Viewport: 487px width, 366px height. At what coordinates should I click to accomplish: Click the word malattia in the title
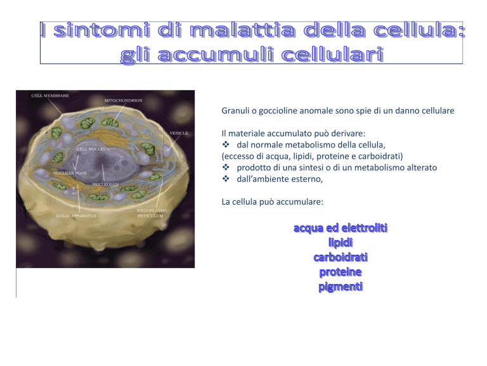(242, 30)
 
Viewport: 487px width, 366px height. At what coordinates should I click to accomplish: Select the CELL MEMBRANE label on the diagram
(50, 95)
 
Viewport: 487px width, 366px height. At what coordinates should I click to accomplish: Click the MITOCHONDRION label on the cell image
(123, 100)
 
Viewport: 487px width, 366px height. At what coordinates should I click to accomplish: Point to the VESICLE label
(179, 133)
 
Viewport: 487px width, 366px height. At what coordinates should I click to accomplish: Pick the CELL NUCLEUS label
(93, 149)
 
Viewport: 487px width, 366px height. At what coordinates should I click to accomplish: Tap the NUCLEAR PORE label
(70, 173)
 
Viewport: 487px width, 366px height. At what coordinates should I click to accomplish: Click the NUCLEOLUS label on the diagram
(105, 184)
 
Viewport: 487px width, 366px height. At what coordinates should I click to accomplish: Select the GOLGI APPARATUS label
(76, 215)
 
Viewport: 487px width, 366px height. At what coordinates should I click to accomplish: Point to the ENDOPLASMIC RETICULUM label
(152, 213)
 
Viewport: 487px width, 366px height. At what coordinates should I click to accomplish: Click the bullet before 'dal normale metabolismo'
(226, 144)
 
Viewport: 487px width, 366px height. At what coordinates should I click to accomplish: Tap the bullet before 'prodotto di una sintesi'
(226, 168)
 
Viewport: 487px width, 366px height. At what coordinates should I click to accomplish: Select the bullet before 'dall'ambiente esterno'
(226, 179)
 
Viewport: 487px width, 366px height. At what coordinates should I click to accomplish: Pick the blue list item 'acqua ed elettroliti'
(341, 228)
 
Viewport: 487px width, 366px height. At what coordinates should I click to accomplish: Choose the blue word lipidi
(341, 243)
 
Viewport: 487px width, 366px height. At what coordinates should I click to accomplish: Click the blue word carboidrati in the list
(341, 257)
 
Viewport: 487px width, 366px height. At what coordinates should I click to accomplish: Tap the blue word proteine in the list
(341, 273)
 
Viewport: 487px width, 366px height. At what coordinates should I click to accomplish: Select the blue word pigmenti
(341, 287)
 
